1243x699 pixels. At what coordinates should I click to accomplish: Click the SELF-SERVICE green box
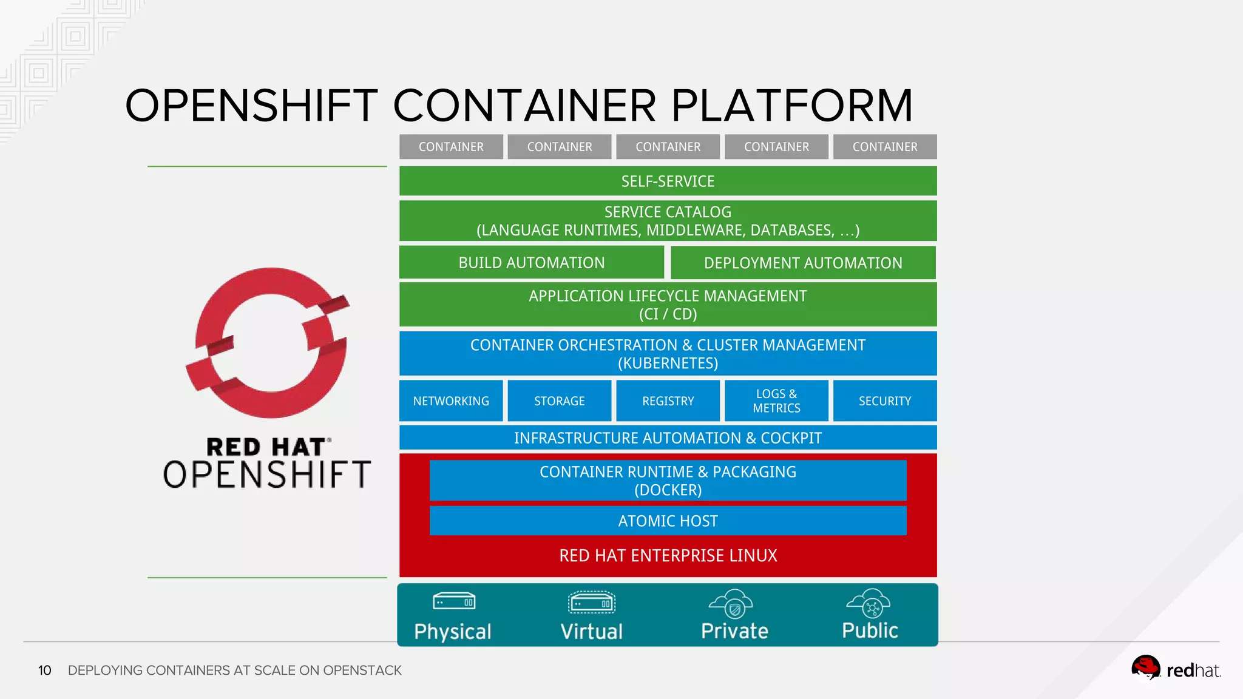tap(668, 181)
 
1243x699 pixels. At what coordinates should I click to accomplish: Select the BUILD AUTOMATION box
tap(531, 263)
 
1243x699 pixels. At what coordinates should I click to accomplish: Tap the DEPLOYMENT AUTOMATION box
tap(803, 263)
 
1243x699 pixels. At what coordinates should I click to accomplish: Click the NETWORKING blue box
tap(451, 401)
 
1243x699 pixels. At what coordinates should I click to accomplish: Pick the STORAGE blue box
tap(559, 401)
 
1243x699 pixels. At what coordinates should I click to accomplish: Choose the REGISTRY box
tap(668, 401)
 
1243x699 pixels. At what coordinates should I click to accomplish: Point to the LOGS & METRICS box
tap(776, 401)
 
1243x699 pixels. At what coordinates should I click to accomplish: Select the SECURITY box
tap(885, 401)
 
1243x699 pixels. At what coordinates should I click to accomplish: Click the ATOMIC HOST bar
tap(668, 521)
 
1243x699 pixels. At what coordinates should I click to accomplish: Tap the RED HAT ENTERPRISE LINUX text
tap(668, 556)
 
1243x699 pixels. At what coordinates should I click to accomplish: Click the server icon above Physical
tap(454, 601)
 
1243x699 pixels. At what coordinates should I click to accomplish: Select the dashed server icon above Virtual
tap(592, 603)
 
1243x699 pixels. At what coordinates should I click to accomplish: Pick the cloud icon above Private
tap(731, 603)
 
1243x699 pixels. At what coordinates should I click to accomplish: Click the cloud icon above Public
tap(869, 603)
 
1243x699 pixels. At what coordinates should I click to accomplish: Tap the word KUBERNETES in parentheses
tap(668, 363)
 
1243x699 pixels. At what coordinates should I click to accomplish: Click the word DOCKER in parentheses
tap(668, 490)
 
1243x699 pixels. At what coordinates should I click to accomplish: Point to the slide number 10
tap(45, 670)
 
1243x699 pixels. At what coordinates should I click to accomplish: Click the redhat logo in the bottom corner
tap(1176, 669)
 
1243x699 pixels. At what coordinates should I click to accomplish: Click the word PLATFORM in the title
tap(791, 106)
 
